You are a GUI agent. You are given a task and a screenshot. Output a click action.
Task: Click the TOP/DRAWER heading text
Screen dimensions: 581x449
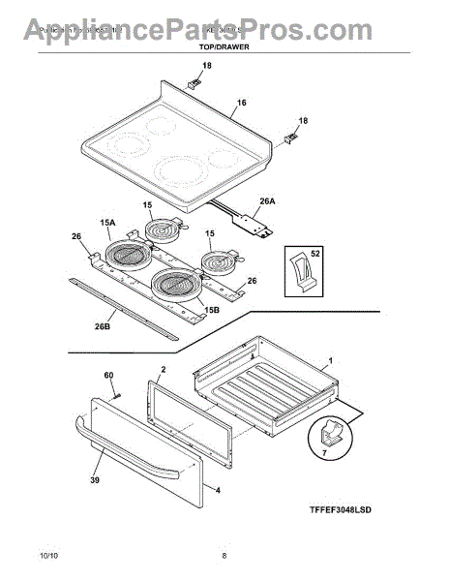point(224,46)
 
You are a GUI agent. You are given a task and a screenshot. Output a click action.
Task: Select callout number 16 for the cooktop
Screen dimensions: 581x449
point(241,102)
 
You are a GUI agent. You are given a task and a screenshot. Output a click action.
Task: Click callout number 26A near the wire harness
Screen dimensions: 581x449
point(266,202)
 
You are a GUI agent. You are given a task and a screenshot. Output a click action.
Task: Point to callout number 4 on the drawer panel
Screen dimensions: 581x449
point(217,491)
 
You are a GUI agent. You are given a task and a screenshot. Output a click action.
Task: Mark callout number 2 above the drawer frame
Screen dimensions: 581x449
point(163,371)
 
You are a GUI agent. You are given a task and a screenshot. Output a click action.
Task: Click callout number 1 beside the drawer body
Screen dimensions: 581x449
point(330,360)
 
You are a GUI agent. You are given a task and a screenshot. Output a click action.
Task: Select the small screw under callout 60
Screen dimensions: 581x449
point(115,392)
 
